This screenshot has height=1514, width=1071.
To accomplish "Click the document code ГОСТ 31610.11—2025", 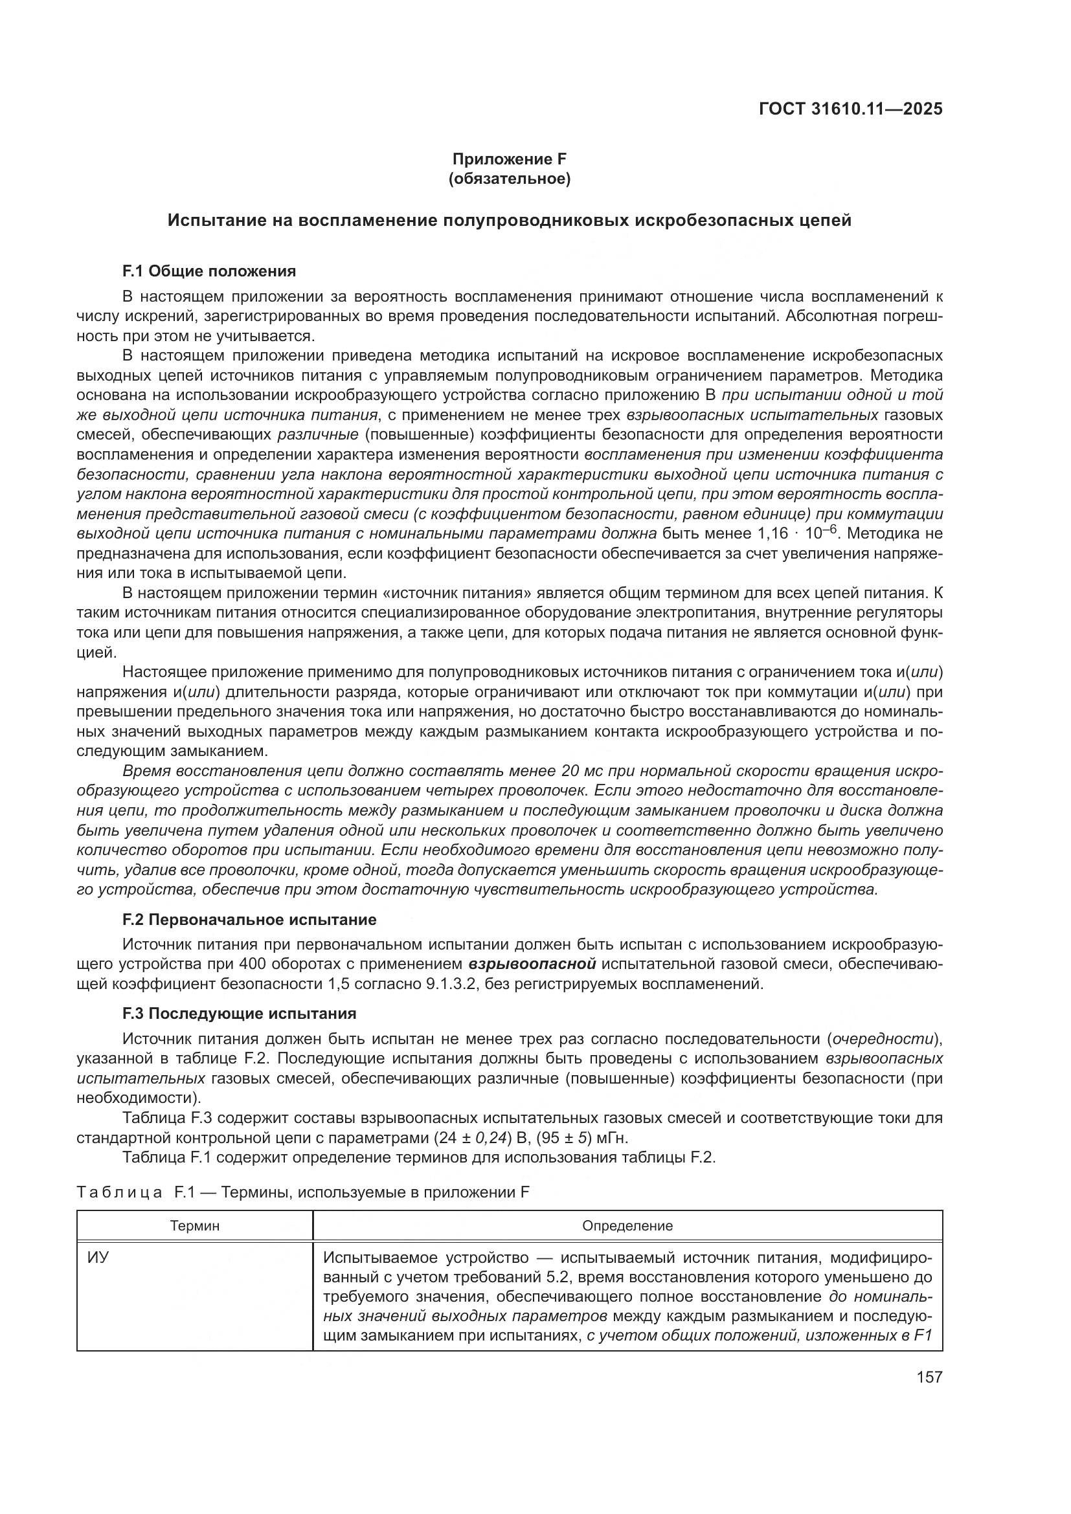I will [x=850, y=109].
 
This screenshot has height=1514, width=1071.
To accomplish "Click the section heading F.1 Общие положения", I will [x=209, y=271].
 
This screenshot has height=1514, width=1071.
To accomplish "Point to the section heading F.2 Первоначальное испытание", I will [x=249, y=919].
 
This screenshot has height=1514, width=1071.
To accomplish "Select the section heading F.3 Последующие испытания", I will [x=240, y=1014].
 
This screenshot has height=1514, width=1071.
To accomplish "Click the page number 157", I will [x=929, y=1377].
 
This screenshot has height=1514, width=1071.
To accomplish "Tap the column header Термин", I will [x=194, y=1226].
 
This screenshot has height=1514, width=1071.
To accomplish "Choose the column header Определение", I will [x=627, y=1226].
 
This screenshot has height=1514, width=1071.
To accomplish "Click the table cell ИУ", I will [x=98, y=1258].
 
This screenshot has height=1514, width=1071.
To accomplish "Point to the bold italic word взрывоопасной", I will [x=532, y=964].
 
